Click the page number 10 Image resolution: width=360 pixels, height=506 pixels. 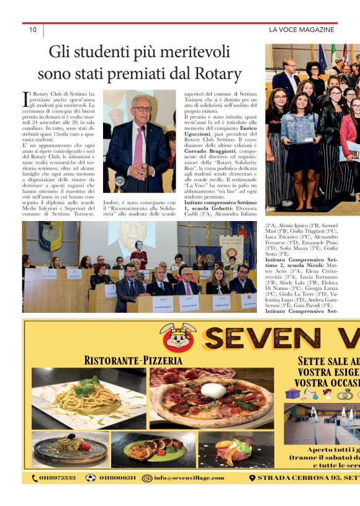pos(33,30)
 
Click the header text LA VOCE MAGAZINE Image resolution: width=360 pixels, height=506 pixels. pos(301,30)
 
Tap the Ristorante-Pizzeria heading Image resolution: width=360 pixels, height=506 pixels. pos(133,361)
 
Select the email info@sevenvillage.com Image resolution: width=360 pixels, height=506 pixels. pos(190,495)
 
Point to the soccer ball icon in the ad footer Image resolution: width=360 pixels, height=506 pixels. pos(91,495)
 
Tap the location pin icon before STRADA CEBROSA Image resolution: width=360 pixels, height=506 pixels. pos(252,495)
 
